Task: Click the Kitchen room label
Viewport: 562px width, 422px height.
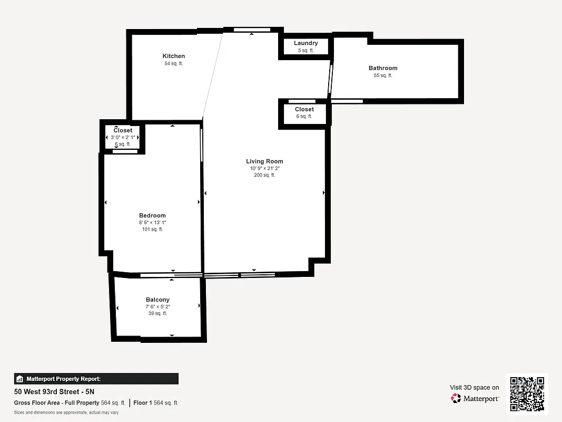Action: [173, 56]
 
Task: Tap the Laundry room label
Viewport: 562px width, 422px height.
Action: [305, 43]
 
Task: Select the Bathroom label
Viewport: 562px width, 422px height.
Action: [383, 68]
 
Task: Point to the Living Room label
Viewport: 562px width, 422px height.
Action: [264, 161]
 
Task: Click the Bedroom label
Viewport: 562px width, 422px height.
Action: [152, 215]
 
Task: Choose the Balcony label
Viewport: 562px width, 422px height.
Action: [157, 300]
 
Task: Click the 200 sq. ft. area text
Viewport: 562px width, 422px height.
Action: [264, 175]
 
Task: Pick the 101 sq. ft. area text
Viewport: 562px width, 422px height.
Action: [152, 229]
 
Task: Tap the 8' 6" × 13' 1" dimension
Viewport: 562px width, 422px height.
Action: [152, 223]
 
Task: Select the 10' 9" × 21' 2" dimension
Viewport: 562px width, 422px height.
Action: [264, 169]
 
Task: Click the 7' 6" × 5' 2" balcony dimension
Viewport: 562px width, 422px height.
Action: [157, 306]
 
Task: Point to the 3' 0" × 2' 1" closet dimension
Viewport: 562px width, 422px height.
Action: [123, 137]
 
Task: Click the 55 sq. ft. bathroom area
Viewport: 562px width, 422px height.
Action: [383, 75]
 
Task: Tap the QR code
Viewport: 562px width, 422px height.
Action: [527, 395]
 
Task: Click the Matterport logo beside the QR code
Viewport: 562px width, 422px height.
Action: [475, 398]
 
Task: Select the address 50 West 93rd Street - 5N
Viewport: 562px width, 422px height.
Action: [54, 392]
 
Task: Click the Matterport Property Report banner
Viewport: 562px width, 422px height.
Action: [96, 379]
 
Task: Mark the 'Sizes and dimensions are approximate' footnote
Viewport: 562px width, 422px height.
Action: [66, 413]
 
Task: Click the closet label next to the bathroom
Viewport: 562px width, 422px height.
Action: [304, 109]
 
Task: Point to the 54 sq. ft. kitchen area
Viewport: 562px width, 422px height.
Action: [173, 63]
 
